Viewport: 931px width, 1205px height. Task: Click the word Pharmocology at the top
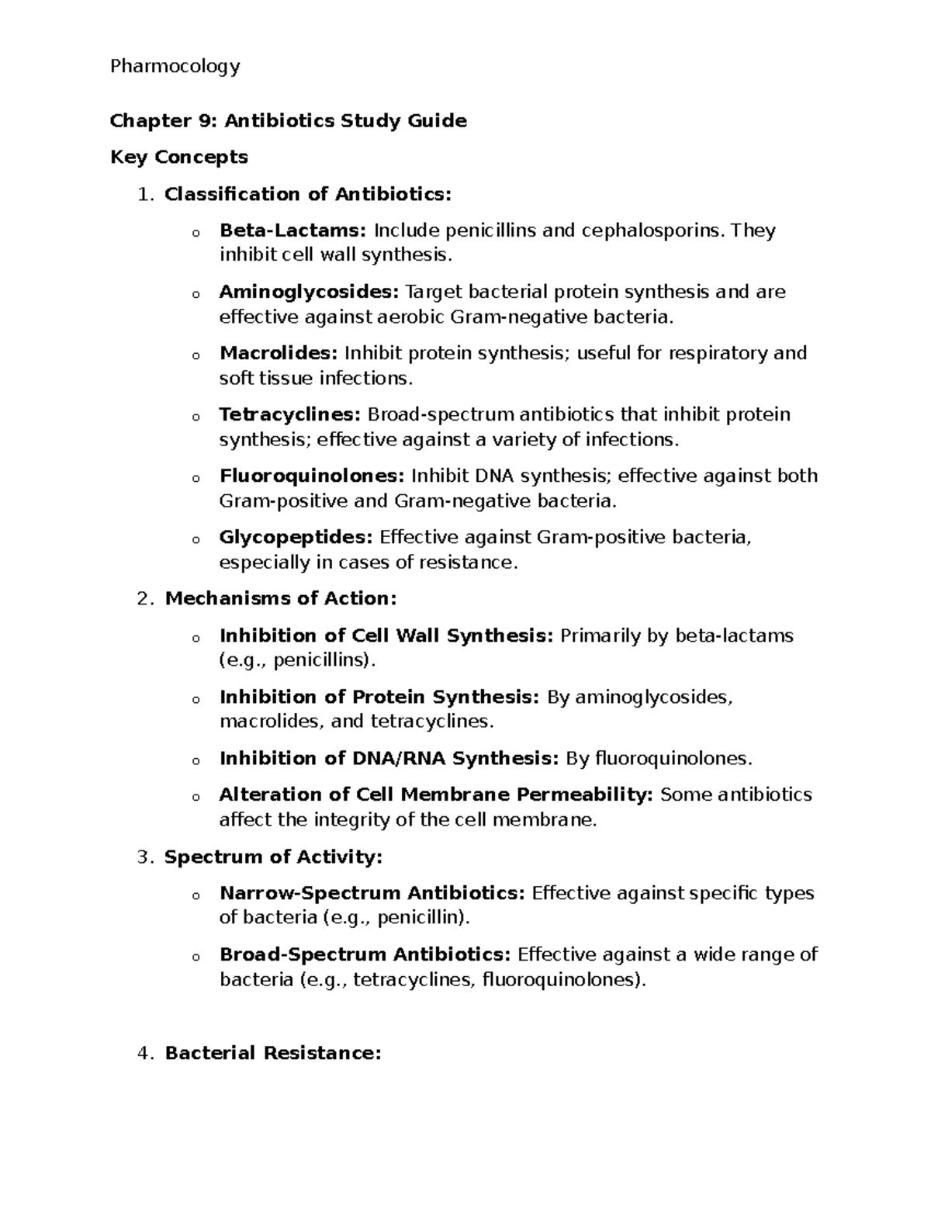point(175,67)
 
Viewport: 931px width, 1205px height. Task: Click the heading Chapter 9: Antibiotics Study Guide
point(288,121)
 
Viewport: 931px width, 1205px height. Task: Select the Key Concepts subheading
point(178,158)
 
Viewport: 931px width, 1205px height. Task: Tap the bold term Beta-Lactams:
point(292,230)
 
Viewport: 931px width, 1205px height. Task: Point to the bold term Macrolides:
point(279,353)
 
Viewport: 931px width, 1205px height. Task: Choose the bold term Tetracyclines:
point(289,414)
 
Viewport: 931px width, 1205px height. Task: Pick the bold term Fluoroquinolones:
point(312,476)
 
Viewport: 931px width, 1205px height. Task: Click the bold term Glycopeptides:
point(296,537)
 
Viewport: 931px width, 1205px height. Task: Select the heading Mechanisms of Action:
point(281,599)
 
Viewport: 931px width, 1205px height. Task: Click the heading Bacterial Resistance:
point(273,1054)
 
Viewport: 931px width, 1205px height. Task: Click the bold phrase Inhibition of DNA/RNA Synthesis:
point(389,758)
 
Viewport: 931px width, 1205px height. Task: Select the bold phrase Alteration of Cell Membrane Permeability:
point(436,795)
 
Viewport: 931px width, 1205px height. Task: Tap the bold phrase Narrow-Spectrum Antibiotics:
point(372,893)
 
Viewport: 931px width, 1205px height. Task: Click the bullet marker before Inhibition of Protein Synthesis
point(196,699)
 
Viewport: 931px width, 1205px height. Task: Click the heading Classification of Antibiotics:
point(307,194)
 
